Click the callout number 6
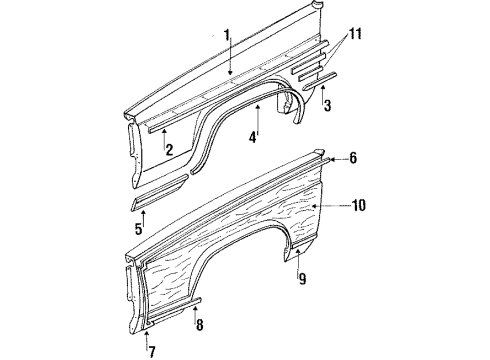click(x=352, y=158)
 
